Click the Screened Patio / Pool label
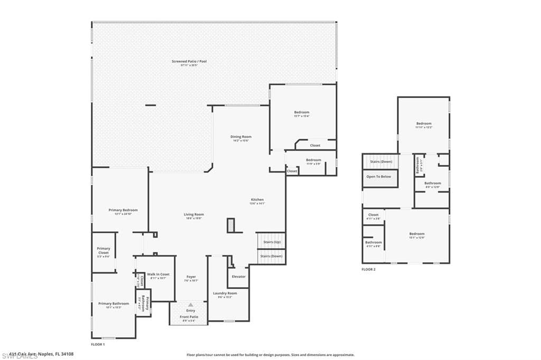click(189, 61)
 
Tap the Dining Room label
click(240, 137)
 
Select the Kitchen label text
click(257, 200)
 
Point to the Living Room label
click(194, 214)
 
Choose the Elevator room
click(238, 277)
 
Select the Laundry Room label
click(225, 293)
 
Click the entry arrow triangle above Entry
click(190, 305)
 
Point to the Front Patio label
click(189, 317)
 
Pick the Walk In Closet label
click(158, 274)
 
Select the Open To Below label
click(379, 176)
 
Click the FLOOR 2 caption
click(368, 269)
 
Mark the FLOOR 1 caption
click(98, 344)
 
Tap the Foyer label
click(191, 277)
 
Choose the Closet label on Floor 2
click(374, 215)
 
